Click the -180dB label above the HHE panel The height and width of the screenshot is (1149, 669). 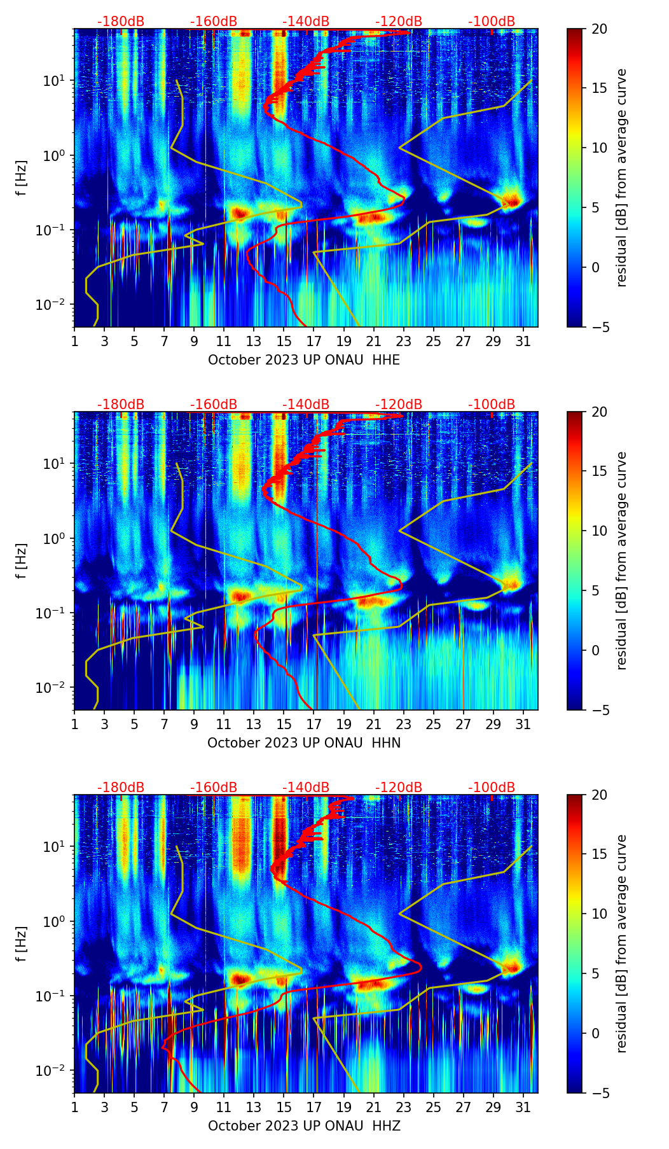point(121,22)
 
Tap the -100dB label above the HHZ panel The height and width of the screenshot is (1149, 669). point(492,788)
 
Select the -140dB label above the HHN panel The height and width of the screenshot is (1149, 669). point(306,405)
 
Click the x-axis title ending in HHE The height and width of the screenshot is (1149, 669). point(304,360)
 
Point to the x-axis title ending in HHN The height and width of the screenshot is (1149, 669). point(304,743)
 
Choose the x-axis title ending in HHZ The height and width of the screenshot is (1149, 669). point(304,1126)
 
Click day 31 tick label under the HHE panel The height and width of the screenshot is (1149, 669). point(523,342)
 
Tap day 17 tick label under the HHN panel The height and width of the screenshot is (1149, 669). point(314,725)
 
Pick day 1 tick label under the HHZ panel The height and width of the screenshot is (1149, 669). point(74,1108)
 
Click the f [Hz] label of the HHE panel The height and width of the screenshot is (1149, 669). point(22,178)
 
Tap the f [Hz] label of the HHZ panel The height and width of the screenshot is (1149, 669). point(22,944)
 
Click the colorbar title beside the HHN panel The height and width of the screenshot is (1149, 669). point(621,561)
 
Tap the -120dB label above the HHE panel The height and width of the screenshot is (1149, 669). point(399,22)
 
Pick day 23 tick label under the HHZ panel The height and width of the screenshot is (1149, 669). point(403,1108)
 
